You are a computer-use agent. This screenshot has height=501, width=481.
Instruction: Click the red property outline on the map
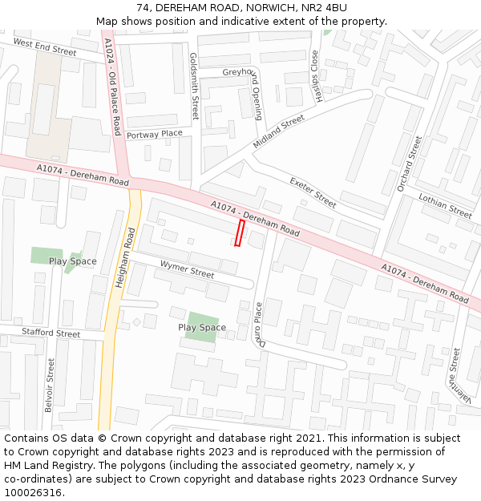(239, 233)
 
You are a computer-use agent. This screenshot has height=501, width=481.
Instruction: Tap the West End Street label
(45, 47)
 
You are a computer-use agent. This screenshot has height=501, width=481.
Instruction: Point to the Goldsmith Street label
(194, 87)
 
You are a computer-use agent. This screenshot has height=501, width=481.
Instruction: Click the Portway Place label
(154, 134)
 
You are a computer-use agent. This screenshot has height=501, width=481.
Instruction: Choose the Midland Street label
(279, 129)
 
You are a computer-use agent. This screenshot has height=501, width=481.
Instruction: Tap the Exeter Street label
(313, 192)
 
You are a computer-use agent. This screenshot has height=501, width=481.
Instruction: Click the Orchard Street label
(409, 164)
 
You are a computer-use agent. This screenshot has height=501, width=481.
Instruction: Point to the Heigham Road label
(127, 257)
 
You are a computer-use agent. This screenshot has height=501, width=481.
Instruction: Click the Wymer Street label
(187, 269)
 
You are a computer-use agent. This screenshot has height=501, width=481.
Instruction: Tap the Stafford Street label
(51, 333)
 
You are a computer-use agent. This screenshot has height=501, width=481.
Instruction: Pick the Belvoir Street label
(49, 385)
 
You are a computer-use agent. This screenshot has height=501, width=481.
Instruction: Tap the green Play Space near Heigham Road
(46, 257)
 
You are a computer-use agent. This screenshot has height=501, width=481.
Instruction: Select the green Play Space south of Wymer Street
(201, 327)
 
